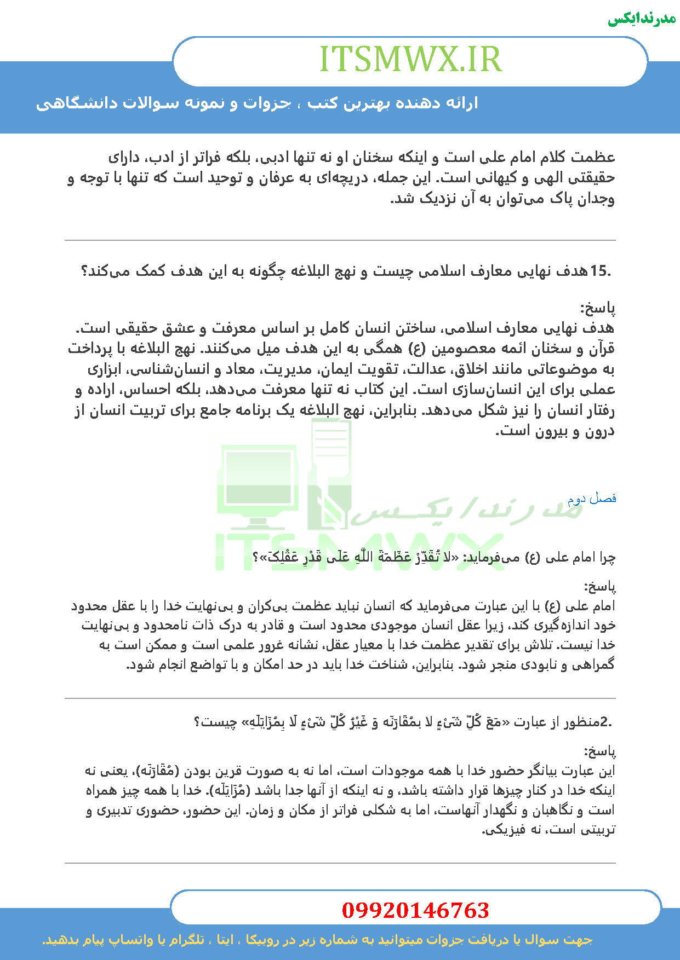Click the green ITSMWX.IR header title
pos(410,59)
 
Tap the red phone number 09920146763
pos(415,910)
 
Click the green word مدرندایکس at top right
pos(642,19)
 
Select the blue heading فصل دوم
pos(592,499)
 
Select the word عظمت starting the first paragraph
pos(594,158)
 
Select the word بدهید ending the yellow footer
pos(58,940)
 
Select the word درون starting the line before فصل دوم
pos(601,432)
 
